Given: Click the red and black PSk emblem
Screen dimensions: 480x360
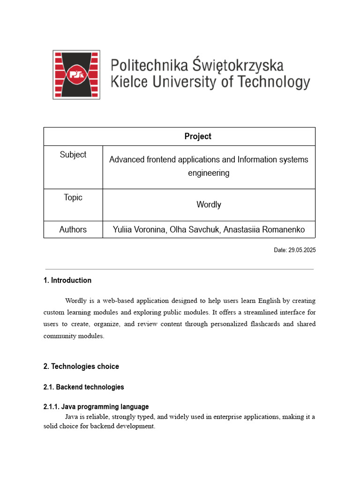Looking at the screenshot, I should click(x=76, y=75).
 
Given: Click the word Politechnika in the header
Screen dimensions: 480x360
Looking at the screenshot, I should click(x=150, y=65).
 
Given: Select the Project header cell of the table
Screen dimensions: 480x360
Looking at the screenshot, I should click(x=197, y=136).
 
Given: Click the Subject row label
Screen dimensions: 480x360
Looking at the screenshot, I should click(x=73, y=155).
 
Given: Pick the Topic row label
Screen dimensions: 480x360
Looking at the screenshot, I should click(x=73, y=197).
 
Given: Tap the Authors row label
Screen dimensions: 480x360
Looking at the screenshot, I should click(x=73, y=230).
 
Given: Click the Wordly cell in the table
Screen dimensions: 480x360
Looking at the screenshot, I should click(x=209, y=205).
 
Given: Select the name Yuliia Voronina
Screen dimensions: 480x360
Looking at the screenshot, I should click(x=139, y=230).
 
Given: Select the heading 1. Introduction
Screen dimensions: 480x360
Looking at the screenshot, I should click(x=67, y=280).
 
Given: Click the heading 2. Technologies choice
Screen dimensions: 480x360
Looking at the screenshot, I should click(x=81, y=367).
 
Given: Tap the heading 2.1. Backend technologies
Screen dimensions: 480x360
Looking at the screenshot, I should click(x=84, y=387).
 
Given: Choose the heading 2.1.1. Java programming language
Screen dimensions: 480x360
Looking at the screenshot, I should click(x=96, y=407).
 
